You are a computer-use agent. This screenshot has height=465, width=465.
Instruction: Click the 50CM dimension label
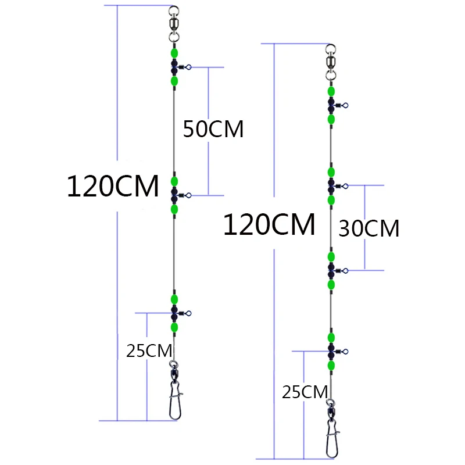click(213, 129)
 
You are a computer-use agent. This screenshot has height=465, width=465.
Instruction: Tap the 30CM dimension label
click(369, 228)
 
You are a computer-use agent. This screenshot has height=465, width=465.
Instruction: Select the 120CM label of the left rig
click(113, 186)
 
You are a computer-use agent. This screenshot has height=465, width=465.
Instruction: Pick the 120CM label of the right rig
click(269, 224)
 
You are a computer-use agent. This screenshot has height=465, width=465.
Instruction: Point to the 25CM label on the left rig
click(149, 351)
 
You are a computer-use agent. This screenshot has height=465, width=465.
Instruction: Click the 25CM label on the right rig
click(305, 392)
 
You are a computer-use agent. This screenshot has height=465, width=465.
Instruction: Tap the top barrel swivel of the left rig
click(174, 24)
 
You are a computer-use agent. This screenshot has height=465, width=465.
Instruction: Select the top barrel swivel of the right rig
click(331, 62)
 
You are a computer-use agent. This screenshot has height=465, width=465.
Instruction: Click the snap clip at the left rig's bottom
click(175, 400)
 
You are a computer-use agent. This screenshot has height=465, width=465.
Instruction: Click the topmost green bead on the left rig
click(174, 53)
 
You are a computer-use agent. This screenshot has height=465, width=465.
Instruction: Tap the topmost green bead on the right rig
click(331, 91)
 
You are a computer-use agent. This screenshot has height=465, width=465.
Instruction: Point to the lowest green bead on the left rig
click(174, 327)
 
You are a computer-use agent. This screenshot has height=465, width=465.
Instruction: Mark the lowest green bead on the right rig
click(331, 366)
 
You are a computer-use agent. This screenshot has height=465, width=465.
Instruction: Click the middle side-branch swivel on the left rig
click(181, 195)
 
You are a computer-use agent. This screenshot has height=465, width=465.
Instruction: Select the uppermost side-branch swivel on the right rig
click(338, 105)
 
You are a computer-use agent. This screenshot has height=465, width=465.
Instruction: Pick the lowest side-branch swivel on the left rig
click(181, 313)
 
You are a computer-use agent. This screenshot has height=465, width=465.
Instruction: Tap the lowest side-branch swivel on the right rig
click(338, 352)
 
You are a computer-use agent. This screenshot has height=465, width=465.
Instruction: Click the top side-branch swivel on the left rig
click(181, 67)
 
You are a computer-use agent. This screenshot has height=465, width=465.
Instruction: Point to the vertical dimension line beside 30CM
click(365, 228)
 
